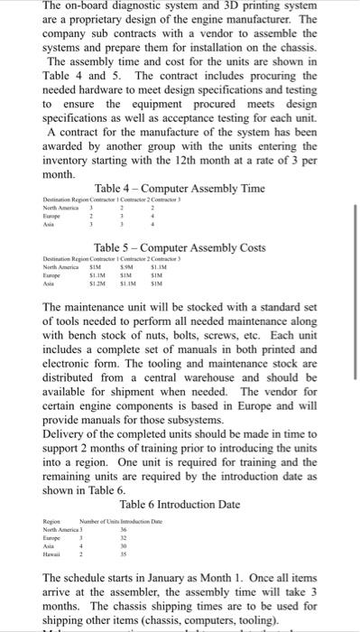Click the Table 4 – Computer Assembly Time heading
(x=180, y=188)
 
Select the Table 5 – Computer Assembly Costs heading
(x=180, y=246)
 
